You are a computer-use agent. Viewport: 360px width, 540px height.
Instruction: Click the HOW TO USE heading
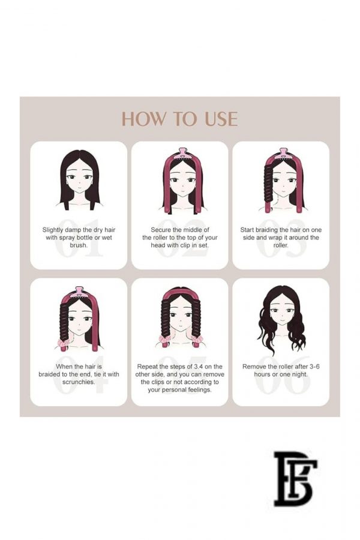pyautogui.click(x=179, y=119)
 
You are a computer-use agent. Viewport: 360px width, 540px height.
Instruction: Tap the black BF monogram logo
pyautogui.click(x=295, y=479)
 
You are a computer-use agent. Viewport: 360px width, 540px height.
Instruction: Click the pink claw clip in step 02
pyautogui.click(x=182, y=154)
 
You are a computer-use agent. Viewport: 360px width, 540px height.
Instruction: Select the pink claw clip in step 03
pyautogui.click(x=284, y=154)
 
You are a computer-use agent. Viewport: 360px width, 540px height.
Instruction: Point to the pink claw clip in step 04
pyautogui.click(x=80, y=292)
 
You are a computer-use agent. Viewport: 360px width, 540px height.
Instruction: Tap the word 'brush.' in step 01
pyautogui.click(x=79, y=245)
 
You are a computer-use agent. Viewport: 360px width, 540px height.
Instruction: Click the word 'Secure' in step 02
pyautogui.click(x=161, y=230)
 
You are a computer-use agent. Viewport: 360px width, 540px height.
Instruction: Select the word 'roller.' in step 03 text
pyautogui.click(x=281, y=245)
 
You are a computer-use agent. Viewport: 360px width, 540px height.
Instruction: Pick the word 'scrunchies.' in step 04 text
pyautogui.click(x=79, y=382)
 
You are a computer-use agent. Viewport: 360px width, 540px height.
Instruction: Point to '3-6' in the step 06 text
pyautogui.click(x=314, y=367)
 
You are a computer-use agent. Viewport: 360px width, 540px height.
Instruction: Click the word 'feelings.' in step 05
pyautogui.click(x=200, y=390)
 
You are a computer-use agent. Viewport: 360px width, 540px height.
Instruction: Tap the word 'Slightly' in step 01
pyautogui.click(x=53, y=230)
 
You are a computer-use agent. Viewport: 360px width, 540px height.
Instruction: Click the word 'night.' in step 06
pyautogui.click(x=299, y=374)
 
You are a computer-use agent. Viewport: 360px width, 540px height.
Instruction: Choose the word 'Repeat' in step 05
pyautogui.click(x=147, y=367)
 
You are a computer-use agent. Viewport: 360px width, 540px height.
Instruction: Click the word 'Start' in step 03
pyautogui.click(x=247, y=230)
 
